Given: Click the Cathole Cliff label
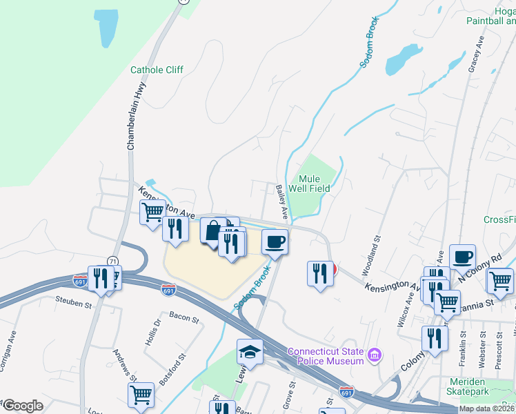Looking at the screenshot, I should pyautogui.click(x=157, y=70).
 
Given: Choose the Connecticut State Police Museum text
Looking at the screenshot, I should pyautogui.click(x=326, y=356).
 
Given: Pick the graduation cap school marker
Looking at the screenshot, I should pyautogui.click(x=250, y=353).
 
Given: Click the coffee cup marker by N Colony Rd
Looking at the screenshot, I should pyautogui.click(x=462, y=257).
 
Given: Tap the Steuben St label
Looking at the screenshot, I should pyautogui.click(x=74, y=303).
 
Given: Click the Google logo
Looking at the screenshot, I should pyautogui.click(x=22, y=406).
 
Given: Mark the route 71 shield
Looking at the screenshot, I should pyautogui.click(x=112, y=260).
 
